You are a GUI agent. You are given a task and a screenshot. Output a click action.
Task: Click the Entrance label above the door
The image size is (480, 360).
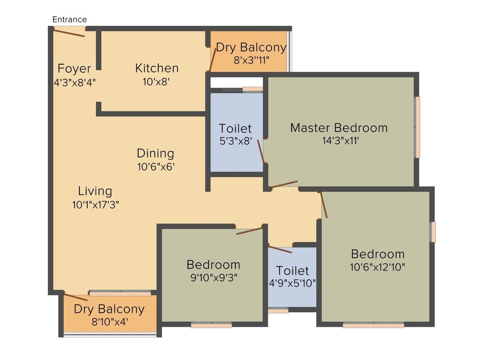tap(69, 19)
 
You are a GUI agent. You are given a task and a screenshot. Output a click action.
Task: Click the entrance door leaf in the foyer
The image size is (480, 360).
tap(68, 32)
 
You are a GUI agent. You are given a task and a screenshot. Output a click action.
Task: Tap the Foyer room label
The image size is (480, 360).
tap(74, 69)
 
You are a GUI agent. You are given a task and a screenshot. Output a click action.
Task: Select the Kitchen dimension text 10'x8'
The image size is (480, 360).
tap(156, 81)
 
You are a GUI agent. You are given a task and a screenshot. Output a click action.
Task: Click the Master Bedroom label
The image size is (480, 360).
tap(338, 127)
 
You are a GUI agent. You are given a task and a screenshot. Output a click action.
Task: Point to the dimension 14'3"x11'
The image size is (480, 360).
tap(340, 141)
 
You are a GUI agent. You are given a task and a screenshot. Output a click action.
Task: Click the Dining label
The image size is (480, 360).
tap(155, 153)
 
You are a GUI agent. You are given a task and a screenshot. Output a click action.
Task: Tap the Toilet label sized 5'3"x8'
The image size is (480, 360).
tap(235, 128)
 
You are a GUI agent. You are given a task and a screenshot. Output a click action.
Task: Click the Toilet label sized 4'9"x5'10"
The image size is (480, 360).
tap(292, 270)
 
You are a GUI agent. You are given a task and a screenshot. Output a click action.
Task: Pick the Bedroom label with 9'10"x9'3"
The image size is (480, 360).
tap(213, 264)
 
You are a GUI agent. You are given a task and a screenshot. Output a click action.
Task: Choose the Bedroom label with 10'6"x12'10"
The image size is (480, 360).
tap(378, 254)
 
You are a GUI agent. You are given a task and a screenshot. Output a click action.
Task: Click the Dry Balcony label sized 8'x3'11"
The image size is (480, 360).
tap(251, 47)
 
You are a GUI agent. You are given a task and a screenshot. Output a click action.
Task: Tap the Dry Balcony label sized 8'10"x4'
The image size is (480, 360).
tap(109, 309)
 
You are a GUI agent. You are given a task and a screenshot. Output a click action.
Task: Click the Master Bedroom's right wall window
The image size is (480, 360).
tap(417, 127)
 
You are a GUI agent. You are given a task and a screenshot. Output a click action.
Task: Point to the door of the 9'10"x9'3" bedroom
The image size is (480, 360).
tap(249, 231)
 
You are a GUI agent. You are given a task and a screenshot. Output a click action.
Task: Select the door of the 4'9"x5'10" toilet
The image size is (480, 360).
tap(280, 248)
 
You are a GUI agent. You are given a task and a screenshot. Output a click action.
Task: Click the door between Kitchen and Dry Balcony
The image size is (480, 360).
tap(213, 59)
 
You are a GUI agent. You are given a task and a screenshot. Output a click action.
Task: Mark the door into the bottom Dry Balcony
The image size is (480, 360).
tap(75, 298)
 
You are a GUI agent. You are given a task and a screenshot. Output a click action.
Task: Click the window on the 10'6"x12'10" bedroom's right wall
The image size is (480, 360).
tap(433, 232)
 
